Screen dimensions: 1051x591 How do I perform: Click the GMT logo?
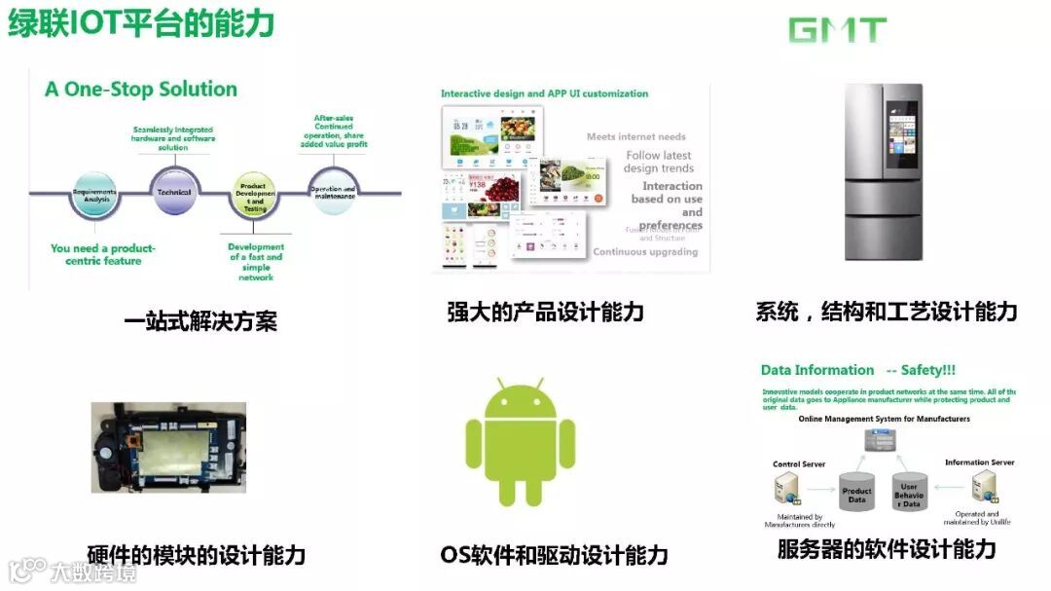tap(837, 30)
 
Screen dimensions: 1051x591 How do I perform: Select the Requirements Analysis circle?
tap(94, 193)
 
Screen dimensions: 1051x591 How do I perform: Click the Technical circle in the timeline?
tap(174, 192)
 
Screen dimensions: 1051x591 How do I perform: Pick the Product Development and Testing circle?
tap(253, 195)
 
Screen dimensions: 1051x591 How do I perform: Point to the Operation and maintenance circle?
tap(333, 192)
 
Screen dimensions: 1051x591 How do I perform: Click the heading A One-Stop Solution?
tap(141, 89)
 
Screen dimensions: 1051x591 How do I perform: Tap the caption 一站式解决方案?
tap(200, 321)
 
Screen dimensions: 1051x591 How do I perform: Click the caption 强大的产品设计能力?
tap(545, 313)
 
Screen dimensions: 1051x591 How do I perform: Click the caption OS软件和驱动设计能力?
tap(554, 555)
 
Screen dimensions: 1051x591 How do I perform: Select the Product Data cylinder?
tap(856, 495)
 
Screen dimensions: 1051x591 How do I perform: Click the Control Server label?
tap(799, 464)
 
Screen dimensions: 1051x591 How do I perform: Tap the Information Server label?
tap(979, 462)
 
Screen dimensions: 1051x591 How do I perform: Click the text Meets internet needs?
tap(635, 137)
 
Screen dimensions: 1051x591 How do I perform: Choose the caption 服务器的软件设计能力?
tap(886, 549)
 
